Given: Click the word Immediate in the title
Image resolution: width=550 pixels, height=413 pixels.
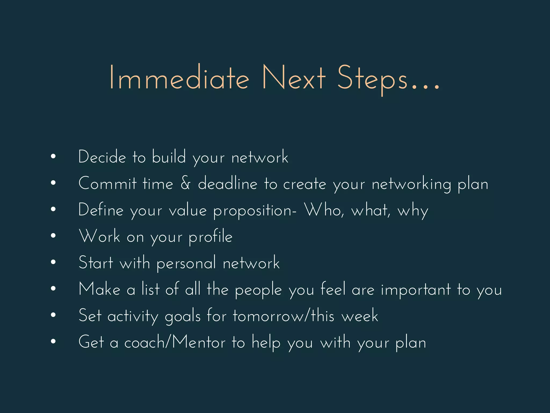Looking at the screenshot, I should point(179,78).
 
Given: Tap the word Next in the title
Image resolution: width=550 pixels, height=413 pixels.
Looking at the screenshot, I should point(294,78).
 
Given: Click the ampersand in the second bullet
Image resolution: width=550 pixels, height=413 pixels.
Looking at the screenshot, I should point(186,183).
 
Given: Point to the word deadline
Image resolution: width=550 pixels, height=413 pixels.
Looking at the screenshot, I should point(228,183).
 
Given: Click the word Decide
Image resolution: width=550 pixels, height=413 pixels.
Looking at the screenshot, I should point(102,157).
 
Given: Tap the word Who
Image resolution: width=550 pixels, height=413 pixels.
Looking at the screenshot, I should point(324,210).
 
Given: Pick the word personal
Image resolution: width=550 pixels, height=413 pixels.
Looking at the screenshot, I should point(186,263).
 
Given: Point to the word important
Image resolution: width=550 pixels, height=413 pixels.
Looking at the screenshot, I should point(416,290).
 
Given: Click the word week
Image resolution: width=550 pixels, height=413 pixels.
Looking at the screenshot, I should point(360,316).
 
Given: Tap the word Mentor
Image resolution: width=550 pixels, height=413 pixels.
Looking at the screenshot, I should point(199,343).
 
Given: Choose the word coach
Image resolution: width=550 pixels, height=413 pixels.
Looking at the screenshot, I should point(145,343).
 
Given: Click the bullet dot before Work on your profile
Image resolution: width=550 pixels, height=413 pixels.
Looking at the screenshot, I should point(53,236).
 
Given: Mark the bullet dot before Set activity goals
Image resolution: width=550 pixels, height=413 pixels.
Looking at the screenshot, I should point(53,315).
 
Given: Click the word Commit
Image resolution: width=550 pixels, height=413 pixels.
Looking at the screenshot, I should point(108,183).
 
